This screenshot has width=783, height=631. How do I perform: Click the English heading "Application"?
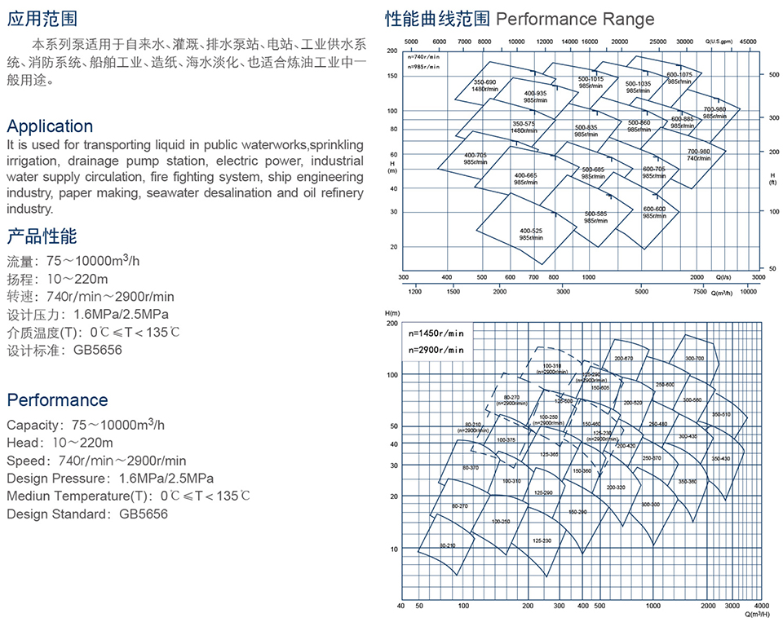[x=50, y=126]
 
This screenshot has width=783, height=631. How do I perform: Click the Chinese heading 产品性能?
[x=42, y=237]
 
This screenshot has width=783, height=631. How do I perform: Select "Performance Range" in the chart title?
[x=575, y=19]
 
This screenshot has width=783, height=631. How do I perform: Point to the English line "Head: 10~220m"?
[x=60, y=443]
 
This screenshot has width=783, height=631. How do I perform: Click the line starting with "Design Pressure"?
[x=110, y=478]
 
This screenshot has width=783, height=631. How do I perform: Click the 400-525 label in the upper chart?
[x=531, y=231]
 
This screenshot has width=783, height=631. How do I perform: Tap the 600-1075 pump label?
[x=679, y=75]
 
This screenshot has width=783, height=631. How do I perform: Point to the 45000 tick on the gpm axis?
[x=748, y=40]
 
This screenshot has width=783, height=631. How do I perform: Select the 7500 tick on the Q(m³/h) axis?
[x=700, y=291]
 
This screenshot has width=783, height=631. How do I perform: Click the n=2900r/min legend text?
[x=437, y=350]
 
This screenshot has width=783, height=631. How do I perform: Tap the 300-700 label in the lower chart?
[x=694, y=359]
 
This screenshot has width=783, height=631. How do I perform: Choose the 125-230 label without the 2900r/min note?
[x=542, y=541]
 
